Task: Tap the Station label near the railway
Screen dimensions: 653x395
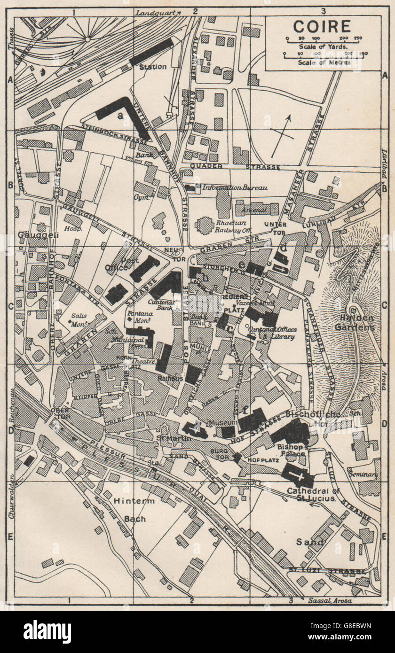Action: (152, 67)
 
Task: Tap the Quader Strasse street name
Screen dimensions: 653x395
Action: (235, 167)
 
